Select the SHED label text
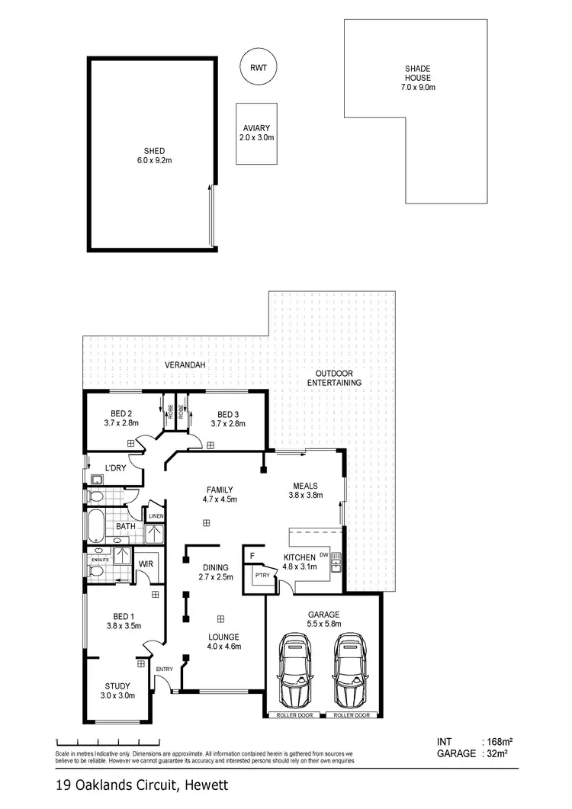coord(154,151)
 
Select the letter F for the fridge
coord(252,556)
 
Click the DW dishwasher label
coord(324,554)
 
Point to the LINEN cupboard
coord(156,516)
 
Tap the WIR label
coord(146,565)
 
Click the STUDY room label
coord(118,685)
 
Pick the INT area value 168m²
coord(496,741)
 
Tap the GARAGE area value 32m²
coord(496,753)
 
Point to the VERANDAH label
coord(185,366)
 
